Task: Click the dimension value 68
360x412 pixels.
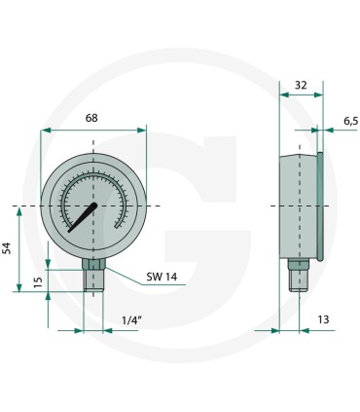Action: (x=91, y=119)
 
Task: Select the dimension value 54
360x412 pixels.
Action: (x=7, y=248)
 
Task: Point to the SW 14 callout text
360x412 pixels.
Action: (x=162, y=277)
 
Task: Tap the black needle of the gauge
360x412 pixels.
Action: (x=83, y=218)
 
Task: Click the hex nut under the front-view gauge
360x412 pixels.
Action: (x=93, y=263)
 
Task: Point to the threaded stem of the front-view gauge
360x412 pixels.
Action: (x=93, y=281)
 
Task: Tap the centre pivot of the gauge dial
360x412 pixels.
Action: (x=94, y=206)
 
